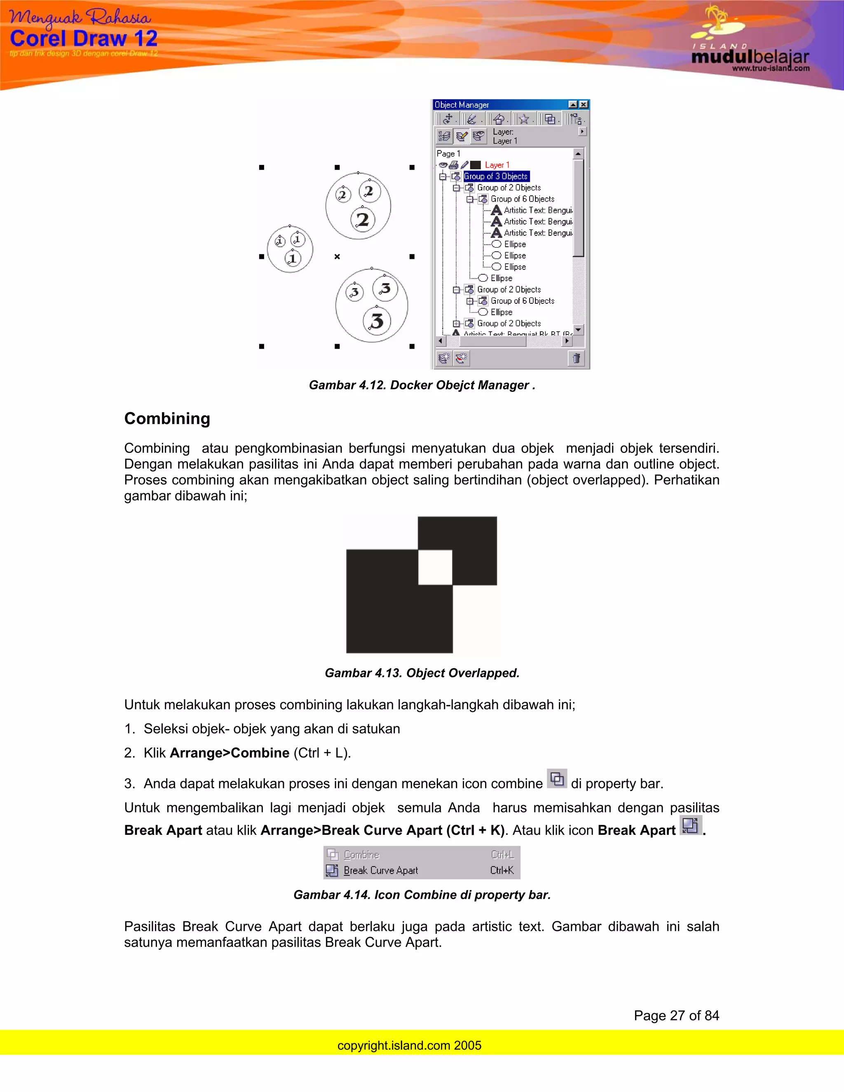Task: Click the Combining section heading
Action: [x=167, y=419]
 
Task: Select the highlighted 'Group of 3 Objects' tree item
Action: [x=495, y=176]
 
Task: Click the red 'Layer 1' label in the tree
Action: [x=497, y=164]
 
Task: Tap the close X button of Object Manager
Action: [x=584, y=105]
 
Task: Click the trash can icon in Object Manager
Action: [x=577, y=358]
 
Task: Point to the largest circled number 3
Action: [x=377, y=321]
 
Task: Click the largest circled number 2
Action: [x=363, y=220]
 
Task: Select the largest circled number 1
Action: [x=293, y=258]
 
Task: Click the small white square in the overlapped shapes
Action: [x=435, y=567]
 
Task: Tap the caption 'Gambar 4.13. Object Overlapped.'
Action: [x=422, y=673]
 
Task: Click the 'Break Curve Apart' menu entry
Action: [x=380, y=870]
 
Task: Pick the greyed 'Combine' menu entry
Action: [x=361, y=855]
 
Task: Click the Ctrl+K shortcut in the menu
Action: [x=502, y=870]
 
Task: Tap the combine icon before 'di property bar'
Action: [x=556, y=779]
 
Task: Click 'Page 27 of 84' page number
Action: [x=676, y=1015]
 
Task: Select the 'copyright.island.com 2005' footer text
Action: [x=409, y=1045]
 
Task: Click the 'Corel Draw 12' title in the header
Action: [x=84, y=38]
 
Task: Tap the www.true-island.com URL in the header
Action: [x=771, y=68]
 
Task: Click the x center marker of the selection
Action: [x=337, y=256]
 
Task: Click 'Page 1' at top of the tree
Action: [x=448, y=154]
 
